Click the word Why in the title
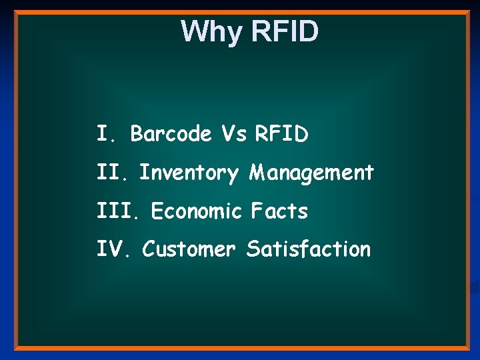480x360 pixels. (213, 32)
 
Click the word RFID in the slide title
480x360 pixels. (285, 32)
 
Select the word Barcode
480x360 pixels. (171, 134)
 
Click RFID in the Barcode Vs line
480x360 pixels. (281, 134)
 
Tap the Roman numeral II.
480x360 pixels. (113, 173)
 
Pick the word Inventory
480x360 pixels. (188, 173)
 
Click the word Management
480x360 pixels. (311, 173)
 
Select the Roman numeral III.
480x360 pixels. (119, 211)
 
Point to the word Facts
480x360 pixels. (279, 211)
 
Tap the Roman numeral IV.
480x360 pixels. (115, 249)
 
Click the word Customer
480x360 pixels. (189, 249)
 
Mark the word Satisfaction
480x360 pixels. (308, 249)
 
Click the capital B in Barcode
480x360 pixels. (137, 134)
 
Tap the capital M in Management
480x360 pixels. (257, 173)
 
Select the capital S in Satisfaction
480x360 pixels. (253, 249)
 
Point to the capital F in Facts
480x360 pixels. (257, 211)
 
